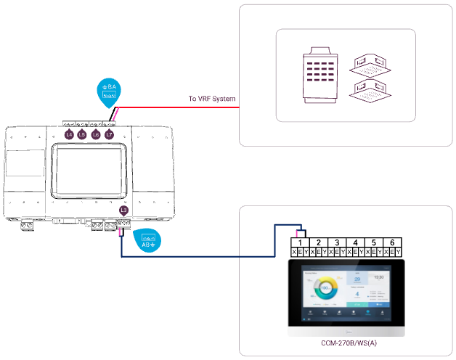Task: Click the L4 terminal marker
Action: [70, 135]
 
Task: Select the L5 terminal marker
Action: [83, 135]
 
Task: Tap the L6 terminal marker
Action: [96, 135]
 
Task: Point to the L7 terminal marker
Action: [109, 135]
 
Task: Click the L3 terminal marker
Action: [123, 210]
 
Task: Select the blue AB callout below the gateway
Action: [148, 240]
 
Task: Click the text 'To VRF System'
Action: [212, 99]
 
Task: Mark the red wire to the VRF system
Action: [174, 107]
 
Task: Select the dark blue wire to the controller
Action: [196, 256]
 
